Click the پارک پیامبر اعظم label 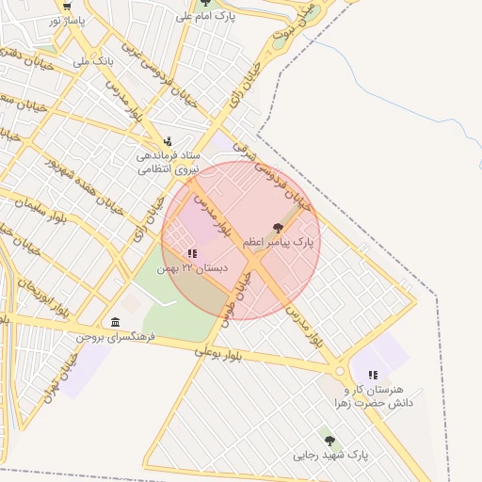tap(278, 243)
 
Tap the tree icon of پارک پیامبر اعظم tap(277, 228)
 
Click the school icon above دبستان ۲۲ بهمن tap(192, 253)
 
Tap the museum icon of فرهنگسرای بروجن tap(115, 322)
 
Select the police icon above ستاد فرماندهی tap(168, 141)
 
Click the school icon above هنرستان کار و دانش tap(374, 375)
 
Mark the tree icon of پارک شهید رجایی tap(329, 441)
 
